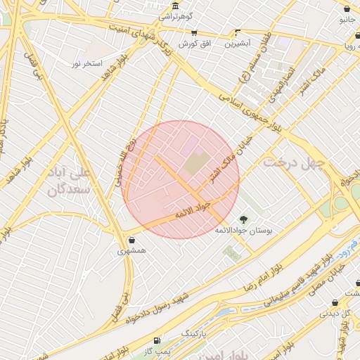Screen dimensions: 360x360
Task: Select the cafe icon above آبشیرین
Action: point(238,32)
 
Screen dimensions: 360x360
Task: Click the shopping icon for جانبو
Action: point(347,8)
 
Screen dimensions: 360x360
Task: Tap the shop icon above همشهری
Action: point(132,239)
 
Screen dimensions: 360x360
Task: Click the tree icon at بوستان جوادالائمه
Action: point(244,219)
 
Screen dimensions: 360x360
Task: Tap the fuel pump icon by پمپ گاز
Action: point(156,340)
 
